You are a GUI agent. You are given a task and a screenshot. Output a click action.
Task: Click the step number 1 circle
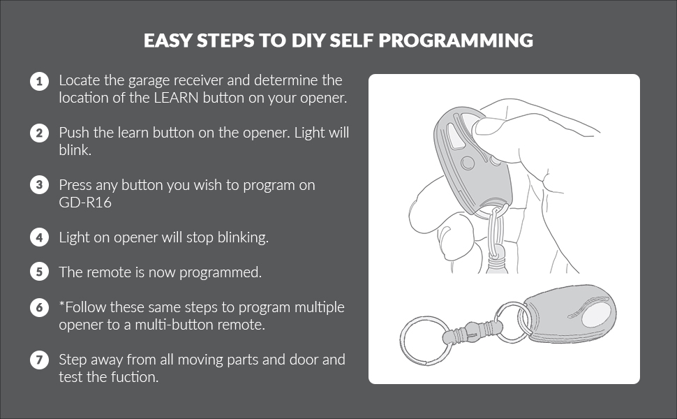click(39, 81)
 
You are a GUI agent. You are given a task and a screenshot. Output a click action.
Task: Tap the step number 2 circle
click(39, 133)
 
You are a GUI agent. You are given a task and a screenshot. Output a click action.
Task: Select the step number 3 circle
click(39, 185)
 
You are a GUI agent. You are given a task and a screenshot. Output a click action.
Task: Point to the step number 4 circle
click(39, 237)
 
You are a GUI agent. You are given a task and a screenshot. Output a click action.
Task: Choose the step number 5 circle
click(39, 272)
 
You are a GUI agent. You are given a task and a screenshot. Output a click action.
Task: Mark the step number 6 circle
click(39, 307)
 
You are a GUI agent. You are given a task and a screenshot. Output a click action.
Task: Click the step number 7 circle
click(39, 360)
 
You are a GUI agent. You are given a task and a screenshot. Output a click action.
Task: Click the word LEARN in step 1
click(176, 98)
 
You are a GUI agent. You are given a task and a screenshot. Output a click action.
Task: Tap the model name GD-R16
click(85, 202)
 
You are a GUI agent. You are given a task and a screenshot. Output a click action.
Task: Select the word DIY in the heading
click(307, 41)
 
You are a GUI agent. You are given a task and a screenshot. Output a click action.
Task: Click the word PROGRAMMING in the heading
click(456, 41)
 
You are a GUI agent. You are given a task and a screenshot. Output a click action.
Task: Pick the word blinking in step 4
click(243, 237)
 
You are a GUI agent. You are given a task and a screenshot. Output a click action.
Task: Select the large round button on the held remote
click(468, 163)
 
